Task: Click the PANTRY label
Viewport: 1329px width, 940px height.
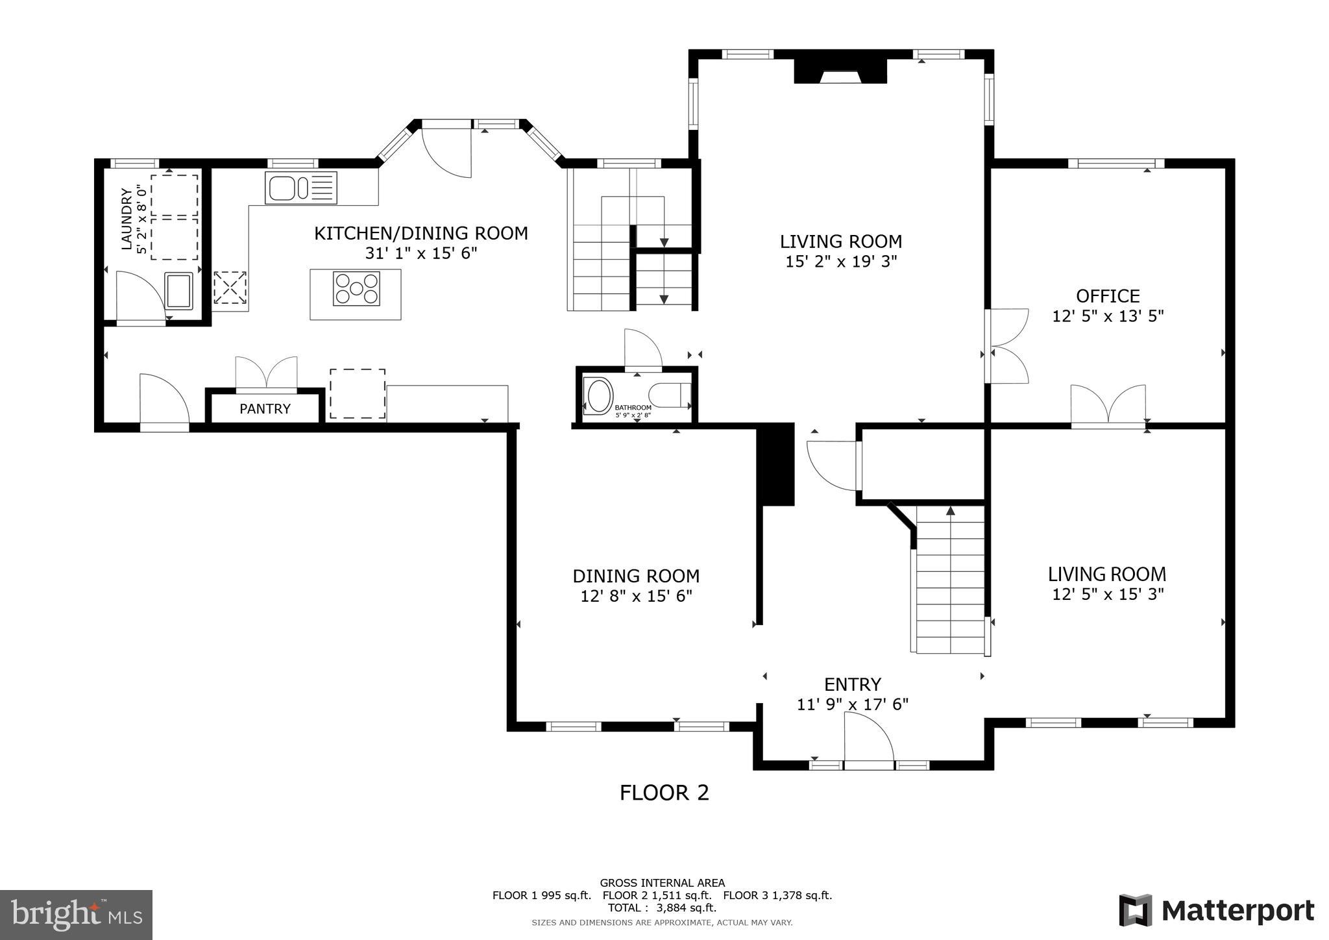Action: pos(265,409)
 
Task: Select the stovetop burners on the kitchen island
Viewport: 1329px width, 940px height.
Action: pos(356,289)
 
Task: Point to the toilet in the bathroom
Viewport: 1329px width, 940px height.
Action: pos(668,395)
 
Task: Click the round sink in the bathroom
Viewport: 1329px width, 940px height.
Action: pos(598,396)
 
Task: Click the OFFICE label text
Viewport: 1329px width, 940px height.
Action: pos(1107,296)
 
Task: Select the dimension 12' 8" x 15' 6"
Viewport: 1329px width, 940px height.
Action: pos(636,596)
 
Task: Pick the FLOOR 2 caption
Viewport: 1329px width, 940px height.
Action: pos(664,793)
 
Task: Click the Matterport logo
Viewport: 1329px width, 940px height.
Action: pos(1216,911)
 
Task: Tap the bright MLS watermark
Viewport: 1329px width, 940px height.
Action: pos(76,915)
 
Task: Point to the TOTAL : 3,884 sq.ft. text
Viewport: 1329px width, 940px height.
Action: pos(662,908)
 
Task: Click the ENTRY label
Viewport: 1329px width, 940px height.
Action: pos(852,684)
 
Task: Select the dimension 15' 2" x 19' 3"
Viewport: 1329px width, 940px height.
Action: pos(840,262)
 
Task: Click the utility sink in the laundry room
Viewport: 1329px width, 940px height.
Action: pos(179,290)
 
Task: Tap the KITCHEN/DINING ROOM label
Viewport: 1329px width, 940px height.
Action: pos(421,233)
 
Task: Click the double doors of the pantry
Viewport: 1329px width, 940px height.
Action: pos(266,373)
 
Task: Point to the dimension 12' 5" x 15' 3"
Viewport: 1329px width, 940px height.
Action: pos(1107,594)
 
